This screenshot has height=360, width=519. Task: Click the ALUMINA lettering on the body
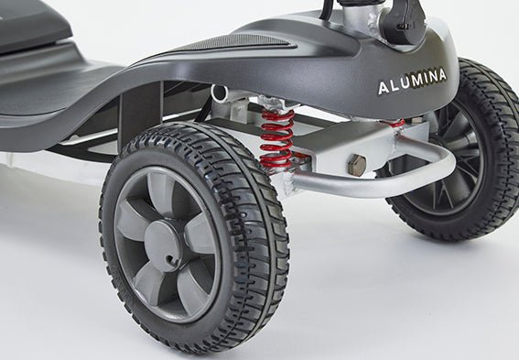tap(412, 87)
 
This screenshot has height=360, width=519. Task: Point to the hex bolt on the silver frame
tap(356, 166)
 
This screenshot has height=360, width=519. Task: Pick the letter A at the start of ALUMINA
tap(384, 89)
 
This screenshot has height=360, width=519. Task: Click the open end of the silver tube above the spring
tap(220, 93)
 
